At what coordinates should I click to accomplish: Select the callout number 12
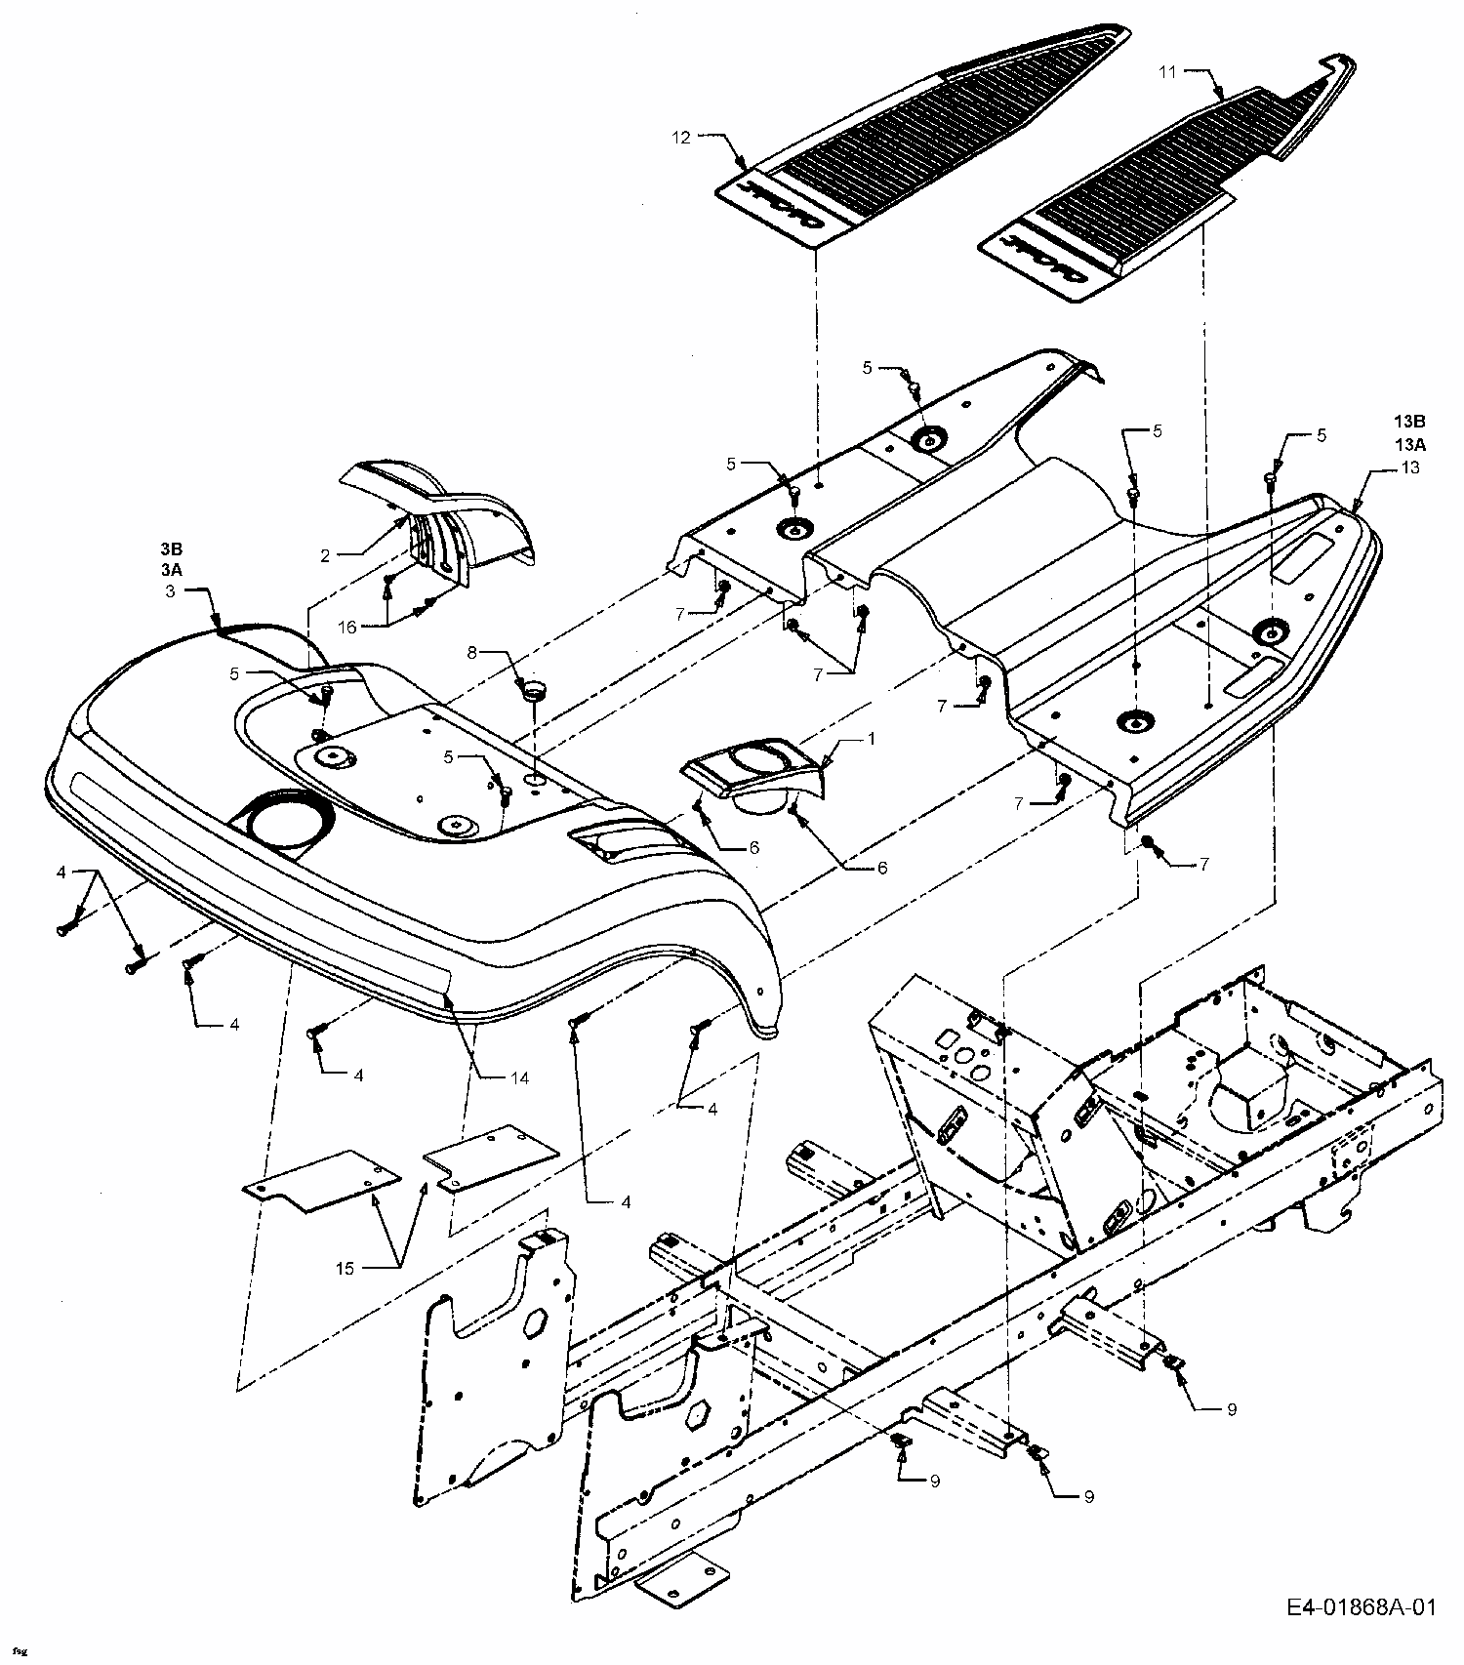pos(680,138)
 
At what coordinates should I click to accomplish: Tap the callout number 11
pos(1169,71)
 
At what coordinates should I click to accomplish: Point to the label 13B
pos(1409,422)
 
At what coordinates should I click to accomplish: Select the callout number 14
pos(518,1077)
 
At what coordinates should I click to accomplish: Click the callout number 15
pos(345,1268)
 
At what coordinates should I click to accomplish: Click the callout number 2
pos(325,555)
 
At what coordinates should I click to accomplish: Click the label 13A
pos(1409,444)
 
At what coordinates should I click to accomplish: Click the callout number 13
pos(1409,467)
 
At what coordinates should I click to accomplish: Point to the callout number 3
pos(170,590)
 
